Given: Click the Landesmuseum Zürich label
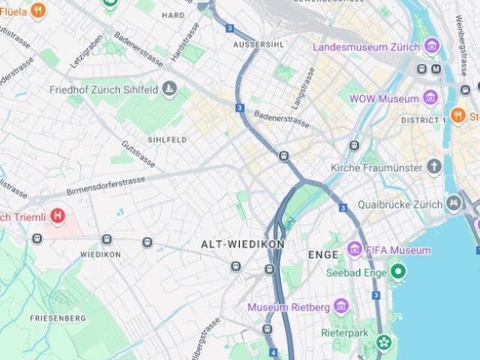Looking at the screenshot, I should click(366, 46).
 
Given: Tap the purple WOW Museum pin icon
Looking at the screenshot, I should click(430, 97).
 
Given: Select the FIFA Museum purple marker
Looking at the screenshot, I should click(355, 249).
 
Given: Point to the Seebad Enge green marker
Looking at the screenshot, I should click(397, 271).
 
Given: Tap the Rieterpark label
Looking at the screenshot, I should click(344, 331).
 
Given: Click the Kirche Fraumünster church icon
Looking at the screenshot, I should click(434, 166).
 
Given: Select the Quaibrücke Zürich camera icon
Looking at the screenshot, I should click(453, 202).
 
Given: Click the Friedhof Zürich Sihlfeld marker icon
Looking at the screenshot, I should click(169, 89).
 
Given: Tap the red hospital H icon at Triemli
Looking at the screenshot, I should click(57, 217).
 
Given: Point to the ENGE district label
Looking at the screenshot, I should click(323, 255).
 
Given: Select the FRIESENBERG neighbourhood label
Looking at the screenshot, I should click(58, 318).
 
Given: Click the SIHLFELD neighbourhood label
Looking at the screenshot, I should click(167, 139).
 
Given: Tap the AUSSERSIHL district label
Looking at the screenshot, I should click(258, 45).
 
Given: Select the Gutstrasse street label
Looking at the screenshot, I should click(138, 153).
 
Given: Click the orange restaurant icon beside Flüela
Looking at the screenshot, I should click(37, 10).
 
